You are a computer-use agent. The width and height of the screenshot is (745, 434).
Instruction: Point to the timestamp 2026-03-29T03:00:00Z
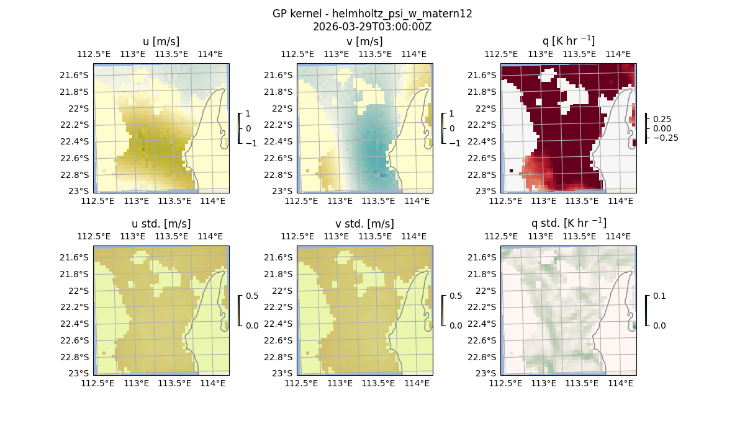[372, 27]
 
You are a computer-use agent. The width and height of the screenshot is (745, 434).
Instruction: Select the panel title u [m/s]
[161, 41]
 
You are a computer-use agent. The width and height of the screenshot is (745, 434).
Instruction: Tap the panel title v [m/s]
[365, 41]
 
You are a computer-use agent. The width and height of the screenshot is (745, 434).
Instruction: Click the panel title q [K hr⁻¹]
[568, 41]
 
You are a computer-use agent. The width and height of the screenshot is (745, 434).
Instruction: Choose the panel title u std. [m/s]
[161, 223]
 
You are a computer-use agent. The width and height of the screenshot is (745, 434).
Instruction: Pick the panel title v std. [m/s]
[365, 223]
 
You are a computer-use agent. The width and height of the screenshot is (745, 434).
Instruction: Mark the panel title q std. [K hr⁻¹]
[568, 223]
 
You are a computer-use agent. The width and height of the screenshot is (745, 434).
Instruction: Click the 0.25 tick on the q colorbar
[662, 118]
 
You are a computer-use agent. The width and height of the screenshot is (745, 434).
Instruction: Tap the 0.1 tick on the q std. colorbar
[658, 296]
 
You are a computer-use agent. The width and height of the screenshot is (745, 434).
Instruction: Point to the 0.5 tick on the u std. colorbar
[252, 296]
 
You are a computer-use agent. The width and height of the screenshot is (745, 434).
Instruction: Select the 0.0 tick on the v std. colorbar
[456, 325]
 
